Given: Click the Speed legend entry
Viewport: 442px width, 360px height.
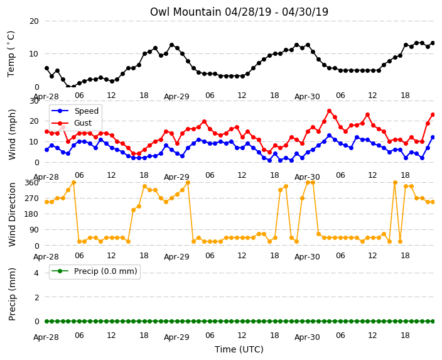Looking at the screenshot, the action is tap(75, 111).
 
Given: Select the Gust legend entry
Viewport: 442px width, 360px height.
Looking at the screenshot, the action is tap(72, 123).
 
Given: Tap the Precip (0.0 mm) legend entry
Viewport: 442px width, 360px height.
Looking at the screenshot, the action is tap(94, 271).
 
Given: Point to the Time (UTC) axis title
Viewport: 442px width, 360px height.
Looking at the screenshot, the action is tap(239, 349).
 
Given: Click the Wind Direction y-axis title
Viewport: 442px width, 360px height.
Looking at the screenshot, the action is tap(12, 214).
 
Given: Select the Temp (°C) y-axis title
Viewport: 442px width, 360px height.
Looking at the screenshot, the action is tap(11, 54).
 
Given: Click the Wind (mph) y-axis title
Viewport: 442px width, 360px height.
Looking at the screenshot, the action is tap(12, 134).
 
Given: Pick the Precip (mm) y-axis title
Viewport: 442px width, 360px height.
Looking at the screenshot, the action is tap(12, 294).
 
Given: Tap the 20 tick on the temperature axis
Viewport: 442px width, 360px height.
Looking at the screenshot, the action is tap(34, 21).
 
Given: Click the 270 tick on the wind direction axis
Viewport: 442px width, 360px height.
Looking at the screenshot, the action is tap(31, 199).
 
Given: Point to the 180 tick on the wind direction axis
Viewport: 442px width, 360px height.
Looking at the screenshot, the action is tap(31, 214).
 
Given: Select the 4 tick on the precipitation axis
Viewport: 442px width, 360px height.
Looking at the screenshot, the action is tap(36, 273).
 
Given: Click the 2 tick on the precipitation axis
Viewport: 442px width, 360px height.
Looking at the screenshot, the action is tap(36, 297).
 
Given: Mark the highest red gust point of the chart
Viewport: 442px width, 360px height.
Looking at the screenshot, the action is tap(329, 111).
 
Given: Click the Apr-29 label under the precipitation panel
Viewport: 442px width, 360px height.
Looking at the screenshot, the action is tap(176, 337).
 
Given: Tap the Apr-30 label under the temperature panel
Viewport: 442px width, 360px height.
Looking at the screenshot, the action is tap(307, 97).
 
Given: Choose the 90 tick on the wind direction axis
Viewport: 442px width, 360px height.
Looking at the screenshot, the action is tap(34, 230).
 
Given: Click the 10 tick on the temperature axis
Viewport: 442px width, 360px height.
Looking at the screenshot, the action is tap(34, 54).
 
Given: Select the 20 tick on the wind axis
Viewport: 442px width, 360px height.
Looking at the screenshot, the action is tap(34, 121).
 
